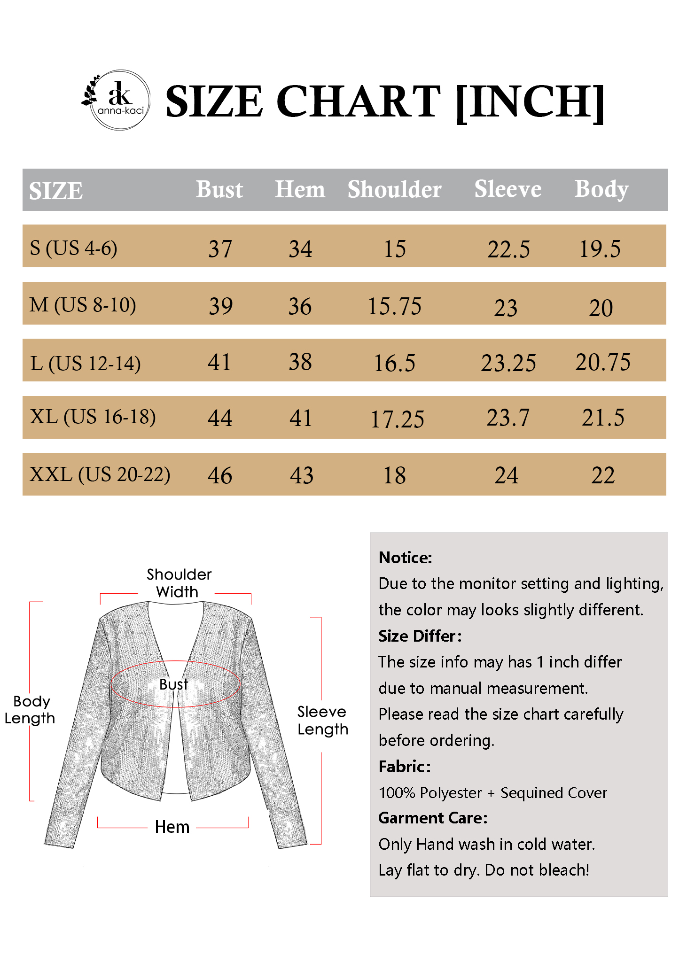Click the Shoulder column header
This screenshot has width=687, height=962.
(x=394, y=189)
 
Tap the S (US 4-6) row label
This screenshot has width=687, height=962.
(x=73, y=248)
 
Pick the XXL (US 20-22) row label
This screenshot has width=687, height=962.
(x=100, y=474)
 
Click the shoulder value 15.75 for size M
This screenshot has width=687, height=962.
(x=394, y=306)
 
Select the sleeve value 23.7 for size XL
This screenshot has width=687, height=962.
(x=507, y=417)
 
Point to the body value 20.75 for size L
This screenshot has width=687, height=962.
(x=603, y=362)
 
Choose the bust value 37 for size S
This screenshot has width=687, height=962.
(x=220, y=248)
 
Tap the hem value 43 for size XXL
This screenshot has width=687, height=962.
(x=301, y=475)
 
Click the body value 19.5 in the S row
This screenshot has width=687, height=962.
(x=600, y=248)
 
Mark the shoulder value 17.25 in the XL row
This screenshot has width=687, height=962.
(x=397, y=419)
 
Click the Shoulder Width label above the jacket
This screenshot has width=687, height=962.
(x=179, y=583)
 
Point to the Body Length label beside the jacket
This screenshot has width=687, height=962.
(x=30, y=709)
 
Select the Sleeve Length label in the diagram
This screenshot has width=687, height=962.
(x=323, y=720)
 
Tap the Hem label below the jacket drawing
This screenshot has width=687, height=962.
(x=172, y=827)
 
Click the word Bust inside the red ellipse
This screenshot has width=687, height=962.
(x=173, y=684)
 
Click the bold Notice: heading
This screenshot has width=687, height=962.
(x=405, y=558)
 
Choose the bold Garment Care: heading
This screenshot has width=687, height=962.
(x=433, y=818)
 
